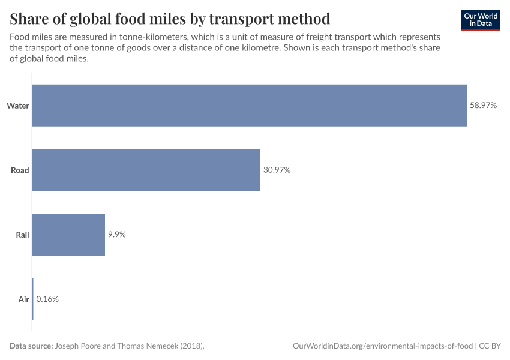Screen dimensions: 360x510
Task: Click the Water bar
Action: coord(249,106)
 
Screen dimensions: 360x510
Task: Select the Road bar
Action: coord(146,170)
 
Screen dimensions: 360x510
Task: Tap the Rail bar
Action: coord(68,235)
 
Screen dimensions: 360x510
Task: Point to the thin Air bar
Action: coord(32,299)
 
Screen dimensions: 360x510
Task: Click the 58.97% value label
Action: coord(483,106)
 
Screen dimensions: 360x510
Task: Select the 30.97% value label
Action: coord(277,170)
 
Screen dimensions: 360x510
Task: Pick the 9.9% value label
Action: coord(116,235)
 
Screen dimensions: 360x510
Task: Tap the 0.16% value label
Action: coord(47,299)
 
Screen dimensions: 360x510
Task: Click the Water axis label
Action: coord(18,106)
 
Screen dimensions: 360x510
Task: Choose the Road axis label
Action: coord(20,170)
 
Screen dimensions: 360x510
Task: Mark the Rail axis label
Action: coord(22,235)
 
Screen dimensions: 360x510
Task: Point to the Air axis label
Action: coord(23,299)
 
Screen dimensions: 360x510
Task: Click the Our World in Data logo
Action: coord(481,19)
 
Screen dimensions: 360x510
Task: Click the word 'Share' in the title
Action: coord(31,19)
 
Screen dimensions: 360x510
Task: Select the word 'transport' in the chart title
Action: coord(244,19)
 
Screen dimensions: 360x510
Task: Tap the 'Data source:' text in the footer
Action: coord(31,346)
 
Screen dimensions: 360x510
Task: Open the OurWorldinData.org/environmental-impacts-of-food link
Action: coord(383,346)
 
